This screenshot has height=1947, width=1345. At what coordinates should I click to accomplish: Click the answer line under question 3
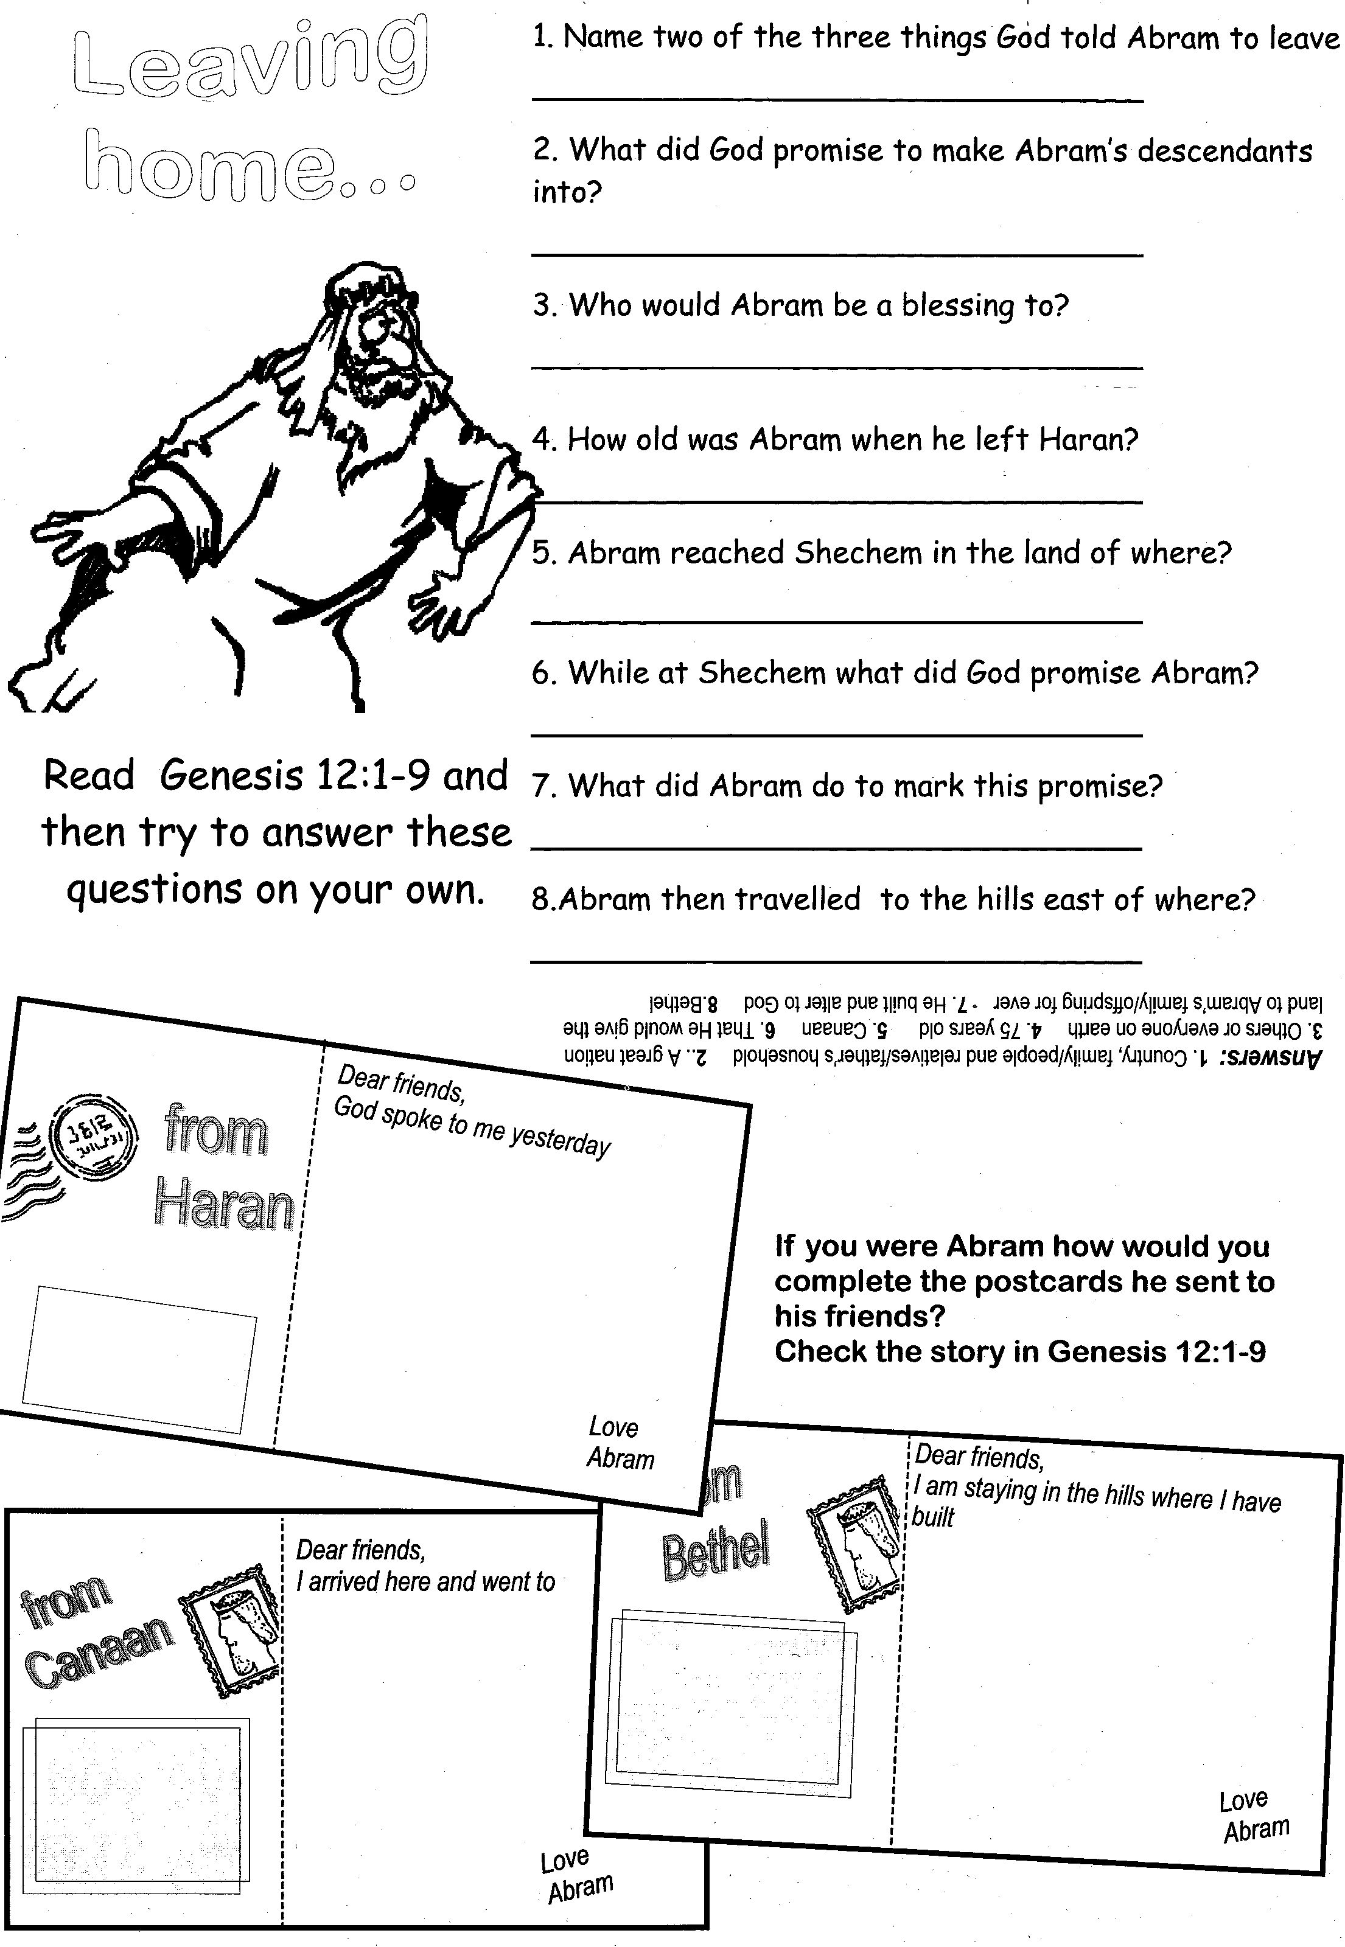(836, 368)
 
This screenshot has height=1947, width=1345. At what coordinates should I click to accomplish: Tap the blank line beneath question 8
(836, 961)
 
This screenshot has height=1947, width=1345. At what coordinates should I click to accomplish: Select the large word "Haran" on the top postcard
(224, 1204)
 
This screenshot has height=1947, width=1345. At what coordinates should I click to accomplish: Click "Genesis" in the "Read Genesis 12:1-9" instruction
(230, 775)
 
